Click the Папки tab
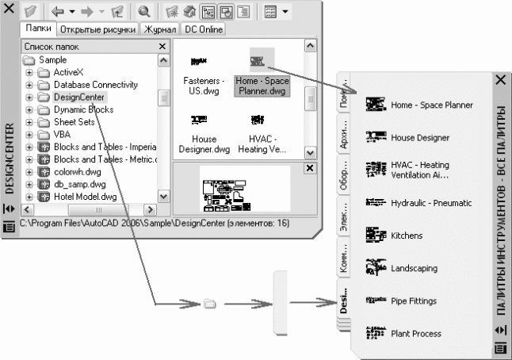pos(39,29)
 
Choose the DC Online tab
pos(204,29)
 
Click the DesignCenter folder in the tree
pos(80,97)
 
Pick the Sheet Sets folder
pos(75,122)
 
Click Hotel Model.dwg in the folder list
pos(86,196)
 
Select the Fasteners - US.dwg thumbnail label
pos(204,85)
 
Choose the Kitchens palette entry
pos(407,236)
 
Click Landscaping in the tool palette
pos(414,269)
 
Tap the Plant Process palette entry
pos(416,334)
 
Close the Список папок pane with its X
pos(162,47)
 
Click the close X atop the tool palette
pos(500,80)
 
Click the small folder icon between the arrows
pos(210,303)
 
